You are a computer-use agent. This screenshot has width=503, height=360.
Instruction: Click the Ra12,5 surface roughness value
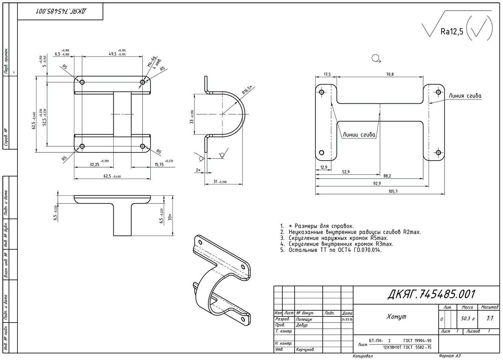point(452,31)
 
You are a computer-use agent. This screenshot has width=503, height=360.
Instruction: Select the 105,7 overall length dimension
point(393,191)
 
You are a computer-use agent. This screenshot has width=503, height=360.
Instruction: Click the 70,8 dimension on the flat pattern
point(390,74)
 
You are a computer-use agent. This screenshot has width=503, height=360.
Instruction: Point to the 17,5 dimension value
point(327,74)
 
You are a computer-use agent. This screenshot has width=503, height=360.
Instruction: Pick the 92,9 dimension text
point(377,183)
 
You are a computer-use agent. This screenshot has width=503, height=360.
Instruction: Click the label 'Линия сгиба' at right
point(465,96)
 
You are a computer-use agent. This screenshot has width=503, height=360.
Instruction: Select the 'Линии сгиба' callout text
point(359,135)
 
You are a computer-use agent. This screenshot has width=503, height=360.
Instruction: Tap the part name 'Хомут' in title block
point(396,317)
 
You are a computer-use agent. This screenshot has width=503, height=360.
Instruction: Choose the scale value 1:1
point(490,318)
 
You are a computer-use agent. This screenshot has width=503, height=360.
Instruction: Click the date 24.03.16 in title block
point(347,319)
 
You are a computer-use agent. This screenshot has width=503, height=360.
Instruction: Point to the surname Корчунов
point(304,349)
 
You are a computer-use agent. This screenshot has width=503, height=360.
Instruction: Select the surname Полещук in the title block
point(304,319)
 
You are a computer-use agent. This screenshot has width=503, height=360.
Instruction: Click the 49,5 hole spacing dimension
point(113,54)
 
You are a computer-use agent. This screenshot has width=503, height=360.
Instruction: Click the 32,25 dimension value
point(94,164)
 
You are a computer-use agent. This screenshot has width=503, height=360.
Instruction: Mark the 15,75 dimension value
point(159,164)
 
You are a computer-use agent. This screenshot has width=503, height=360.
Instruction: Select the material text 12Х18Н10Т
point(392,347)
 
